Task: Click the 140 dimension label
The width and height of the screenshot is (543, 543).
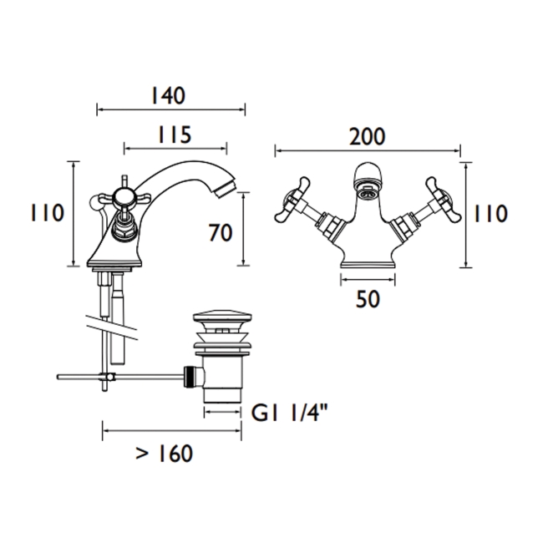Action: (168, 96)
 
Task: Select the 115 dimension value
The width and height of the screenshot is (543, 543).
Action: (175, 134)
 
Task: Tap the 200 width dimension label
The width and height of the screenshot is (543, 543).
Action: (367, 136)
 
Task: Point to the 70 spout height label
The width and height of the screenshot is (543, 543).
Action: (221, 232)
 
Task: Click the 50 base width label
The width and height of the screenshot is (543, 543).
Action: (368, 299)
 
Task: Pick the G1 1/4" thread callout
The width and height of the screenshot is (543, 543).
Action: (290, 413)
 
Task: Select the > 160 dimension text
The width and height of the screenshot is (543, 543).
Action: (164, 454)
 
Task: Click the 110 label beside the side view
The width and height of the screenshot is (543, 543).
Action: (48, 213)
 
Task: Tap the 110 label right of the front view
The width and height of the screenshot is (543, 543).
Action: (490, 214)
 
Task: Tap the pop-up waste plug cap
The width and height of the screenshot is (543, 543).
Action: (222, 318)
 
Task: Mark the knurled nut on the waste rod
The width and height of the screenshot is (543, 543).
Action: (189, 377)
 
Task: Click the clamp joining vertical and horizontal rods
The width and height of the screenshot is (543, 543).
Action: (107, 377)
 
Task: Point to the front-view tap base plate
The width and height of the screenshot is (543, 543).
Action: (368, 266)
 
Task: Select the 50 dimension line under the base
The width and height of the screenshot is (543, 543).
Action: (368, 280)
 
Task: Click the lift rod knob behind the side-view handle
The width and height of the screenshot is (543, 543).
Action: (94, 201)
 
